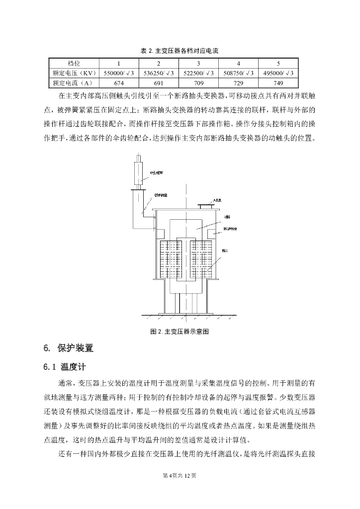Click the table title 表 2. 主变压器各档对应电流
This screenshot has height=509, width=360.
(180, 51)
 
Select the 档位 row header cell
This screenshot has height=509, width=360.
(74, 64)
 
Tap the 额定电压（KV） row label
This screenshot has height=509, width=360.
(74, 73)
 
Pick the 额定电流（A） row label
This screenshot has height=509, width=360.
(73, 83)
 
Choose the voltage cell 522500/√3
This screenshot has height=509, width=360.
(198, 73)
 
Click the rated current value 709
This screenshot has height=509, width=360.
(198, 83)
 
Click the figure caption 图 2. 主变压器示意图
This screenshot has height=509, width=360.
(179, 332)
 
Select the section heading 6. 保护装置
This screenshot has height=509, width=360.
(68, 348)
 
